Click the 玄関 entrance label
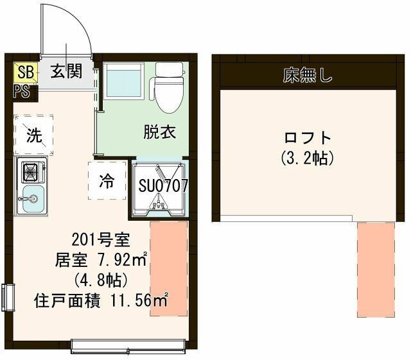tap(67, 71)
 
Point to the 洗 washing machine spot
tap(33, 135)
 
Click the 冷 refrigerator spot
tap(106, 180)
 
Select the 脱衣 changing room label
tap(159, 133)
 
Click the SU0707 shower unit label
tap(163, 185)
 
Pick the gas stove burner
tap(30, 172)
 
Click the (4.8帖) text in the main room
tap(101, 280)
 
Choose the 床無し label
tap(308, 76)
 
